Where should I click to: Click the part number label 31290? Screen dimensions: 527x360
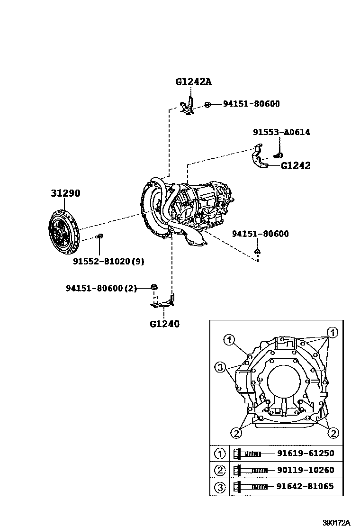[x=65, y=193]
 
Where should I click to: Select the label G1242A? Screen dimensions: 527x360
[x=193, y=81]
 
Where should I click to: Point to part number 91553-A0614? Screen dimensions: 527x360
[x=281, y=132]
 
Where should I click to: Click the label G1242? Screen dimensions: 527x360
[x=296, y=165]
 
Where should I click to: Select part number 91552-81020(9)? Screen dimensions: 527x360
[x=109, y=261]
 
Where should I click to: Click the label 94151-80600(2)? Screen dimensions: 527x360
[x=101, y=288]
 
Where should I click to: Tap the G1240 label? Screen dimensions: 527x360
[x=164, y=325]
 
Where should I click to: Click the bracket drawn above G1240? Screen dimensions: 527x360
[x=163, y=302]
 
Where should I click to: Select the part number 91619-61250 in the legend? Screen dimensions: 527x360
[x=305, y=453]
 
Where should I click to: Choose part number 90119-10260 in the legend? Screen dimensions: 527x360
[x=305, y=470]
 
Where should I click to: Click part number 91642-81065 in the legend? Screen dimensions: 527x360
[x=305, y=486]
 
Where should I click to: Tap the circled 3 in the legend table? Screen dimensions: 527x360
[x=220, y=486]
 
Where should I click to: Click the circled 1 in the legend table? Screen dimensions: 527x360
[x=220, y=454]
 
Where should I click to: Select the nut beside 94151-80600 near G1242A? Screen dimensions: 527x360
[x=207, y=105]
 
